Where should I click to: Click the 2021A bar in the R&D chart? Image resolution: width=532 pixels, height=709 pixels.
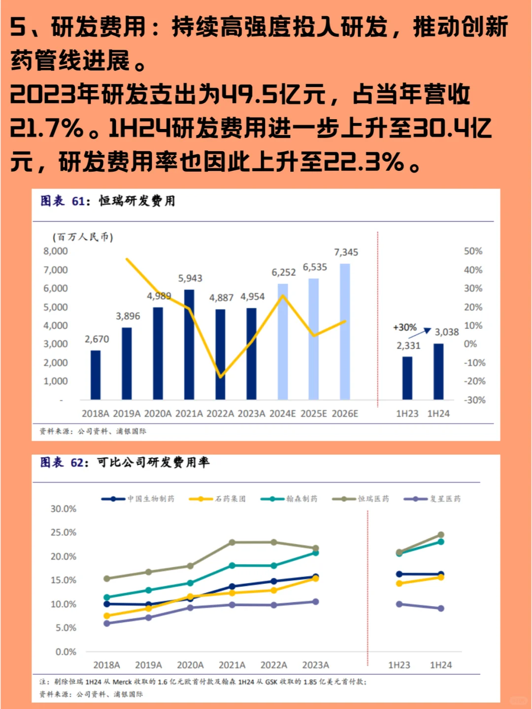189,345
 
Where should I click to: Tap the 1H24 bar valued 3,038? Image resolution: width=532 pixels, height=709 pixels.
438,371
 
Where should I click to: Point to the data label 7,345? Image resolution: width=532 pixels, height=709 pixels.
346,253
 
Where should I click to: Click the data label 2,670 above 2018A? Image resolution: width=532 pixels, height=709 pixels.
97,339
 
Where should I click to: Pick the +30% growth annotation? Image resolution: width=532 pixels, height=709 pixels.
404,327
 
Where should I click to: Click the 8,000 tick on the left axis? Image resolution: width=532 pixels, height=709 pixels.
56,251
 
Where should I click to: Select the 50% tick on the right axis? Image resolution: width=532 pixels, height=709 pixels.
473,251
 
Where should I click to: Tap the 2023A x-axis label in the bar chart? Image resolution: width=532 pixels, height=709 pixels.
251,414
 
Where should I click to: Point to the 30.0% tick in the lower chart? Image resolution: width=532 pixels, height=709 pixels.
64,509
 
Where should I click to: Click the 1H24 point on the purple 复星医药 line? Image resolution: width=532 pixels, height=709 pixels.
441,609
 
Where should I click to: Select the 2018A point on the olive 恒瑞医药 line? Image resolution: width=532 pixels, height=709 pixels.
107,579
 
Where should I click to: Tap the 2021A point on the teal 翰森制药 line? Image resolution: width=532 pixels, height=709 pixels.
232,566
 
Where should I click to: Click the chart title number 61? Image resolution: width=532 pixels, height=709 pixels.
78,201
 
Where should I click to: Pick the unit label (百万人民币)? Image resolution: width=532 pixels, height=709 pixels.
83,237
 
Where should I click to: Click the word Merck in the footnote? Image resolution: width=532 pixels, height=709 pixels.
122,682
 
